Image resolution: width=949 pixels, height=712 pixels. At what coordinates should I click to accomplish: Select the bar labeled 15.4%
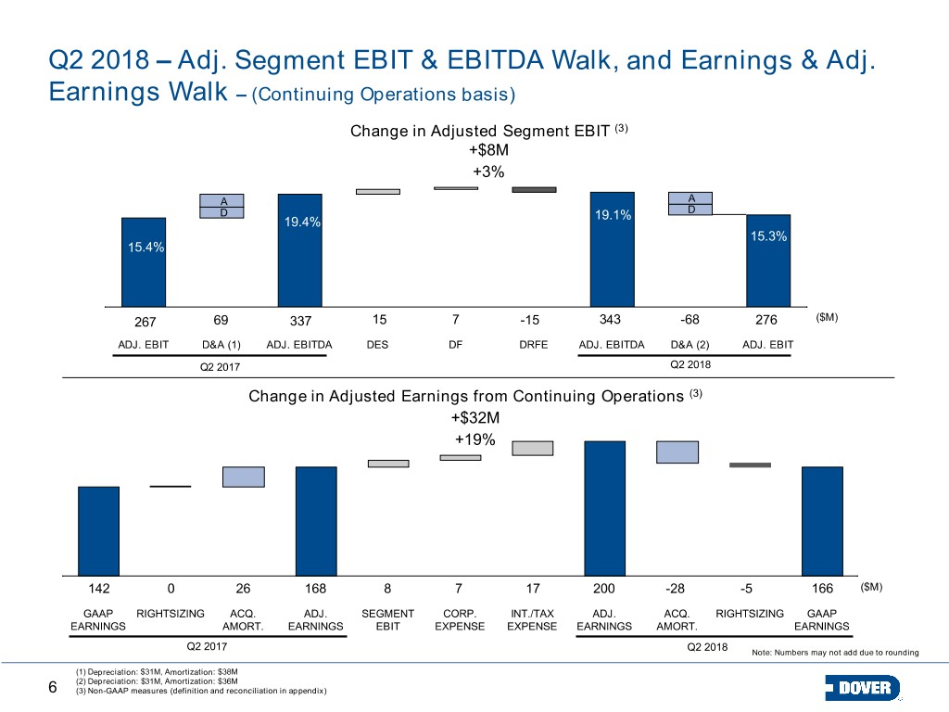(144, 262)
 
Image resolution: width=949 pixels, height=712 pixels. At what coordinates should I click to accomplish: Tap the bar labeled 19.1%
(613, 249)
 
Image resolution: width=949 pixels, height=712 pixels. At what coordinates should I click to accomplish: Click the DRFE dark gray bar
(534, 189)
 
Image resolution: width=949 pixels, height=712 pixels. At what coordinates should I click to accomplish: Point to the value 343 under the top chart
(610, 319)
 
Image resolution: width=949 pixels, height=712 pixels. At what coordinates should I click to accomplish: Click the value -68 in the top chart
(690, 319)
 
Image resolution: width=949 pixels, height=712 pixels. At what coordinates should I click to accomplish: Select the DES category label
(377, 345)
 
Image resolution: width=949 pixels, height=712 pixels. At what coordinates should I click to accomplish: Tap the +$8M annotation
(488, 149)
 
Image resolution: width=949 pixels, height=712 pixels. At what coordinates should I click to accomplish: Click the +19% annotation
(475, 439)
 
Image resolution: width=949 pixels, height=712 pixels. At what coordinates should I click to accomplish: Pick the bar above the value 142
(98, 531)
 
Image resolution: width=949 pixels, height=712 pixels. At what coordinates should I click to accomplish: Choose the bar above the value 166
(823, 521)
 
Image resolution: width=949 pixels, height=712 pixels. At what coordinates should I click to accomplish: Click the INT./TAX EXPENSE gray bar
(533, 448)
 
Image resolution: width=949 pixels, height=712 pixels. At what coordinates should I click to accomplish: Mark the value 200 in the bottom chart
(604, 588)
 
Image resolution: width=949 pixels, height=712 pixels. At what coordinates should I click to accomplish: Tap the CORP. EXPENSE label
(460, 620)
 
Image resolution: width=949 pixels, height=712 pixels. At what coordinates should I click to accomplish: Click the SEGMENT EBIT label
(388, 620)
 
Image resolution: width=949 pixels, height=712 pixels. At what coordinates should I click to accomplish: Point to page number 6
(53, 687)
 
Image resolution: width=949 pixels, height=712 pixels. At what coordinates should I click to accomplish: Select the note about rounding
(835, 652)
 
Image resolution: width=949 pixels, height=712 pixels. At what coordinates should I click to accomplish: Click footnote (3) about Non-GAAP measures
(201, 691)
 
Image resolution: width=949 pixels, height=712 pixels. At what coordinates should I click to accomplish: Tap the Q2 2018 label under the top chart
(690, 364)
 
